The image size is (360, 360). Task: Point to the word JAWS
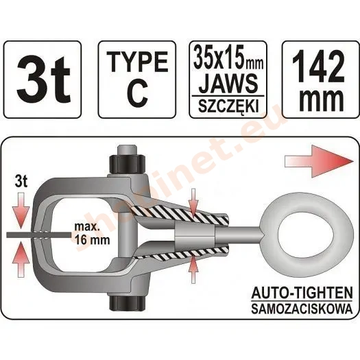tap(228, 83)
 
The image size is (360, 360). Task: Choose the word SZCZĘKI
tap(228, 106)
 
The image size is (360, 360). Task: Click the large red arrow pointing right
tap(319, 162)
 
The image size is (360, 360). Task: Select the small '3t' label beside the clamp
tap(21, 182)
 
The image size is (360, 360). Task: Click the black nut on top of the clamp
tap(127, 165)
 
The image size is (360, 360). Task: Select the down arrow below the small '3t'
tap(21, 211)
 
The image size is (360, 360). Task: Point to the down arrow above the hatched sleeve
tap(193, 203)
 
